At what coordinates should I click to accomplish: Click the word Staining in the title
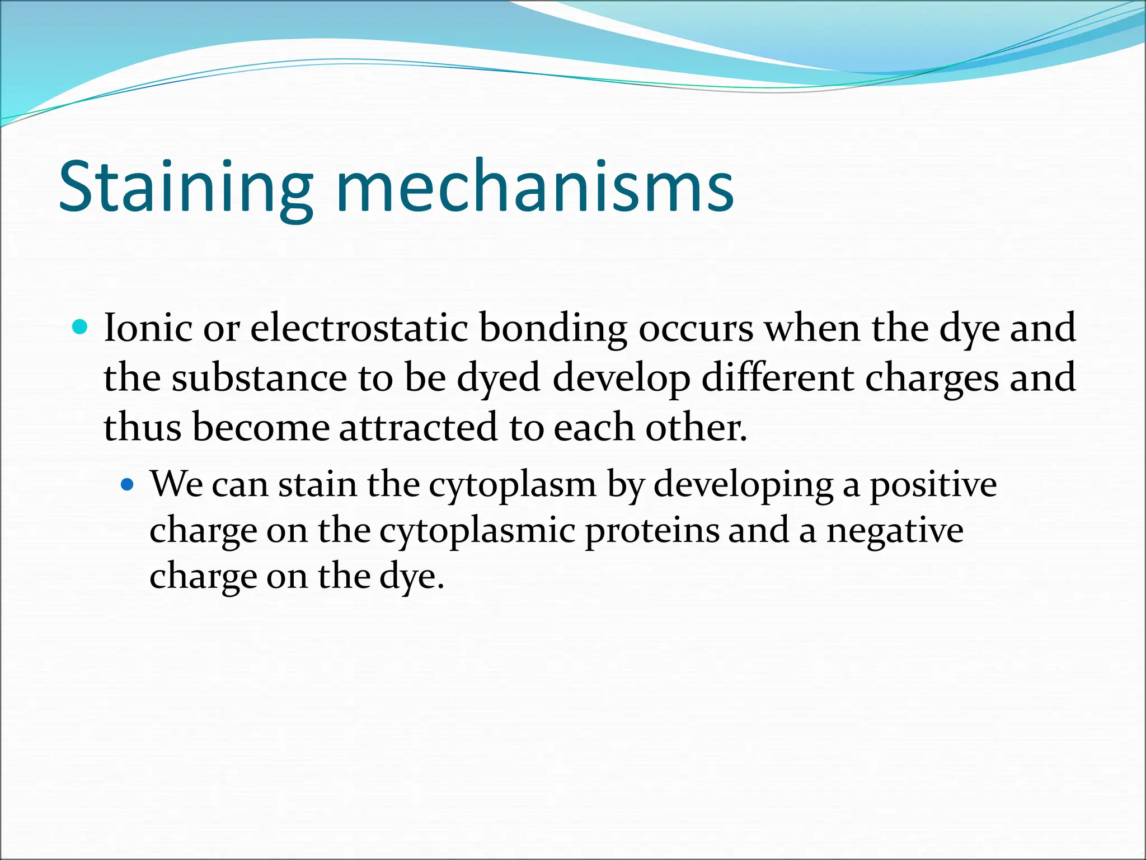coord(185,188)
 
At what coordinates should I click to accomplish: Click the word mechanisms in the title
coord(534,188)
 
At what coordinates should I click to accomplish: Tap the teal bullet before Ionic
coord(81,326)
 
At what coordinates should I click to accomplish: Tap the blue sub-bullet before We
coord(128,484)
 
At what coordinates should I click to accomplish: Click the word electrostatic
coord(359,329)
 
